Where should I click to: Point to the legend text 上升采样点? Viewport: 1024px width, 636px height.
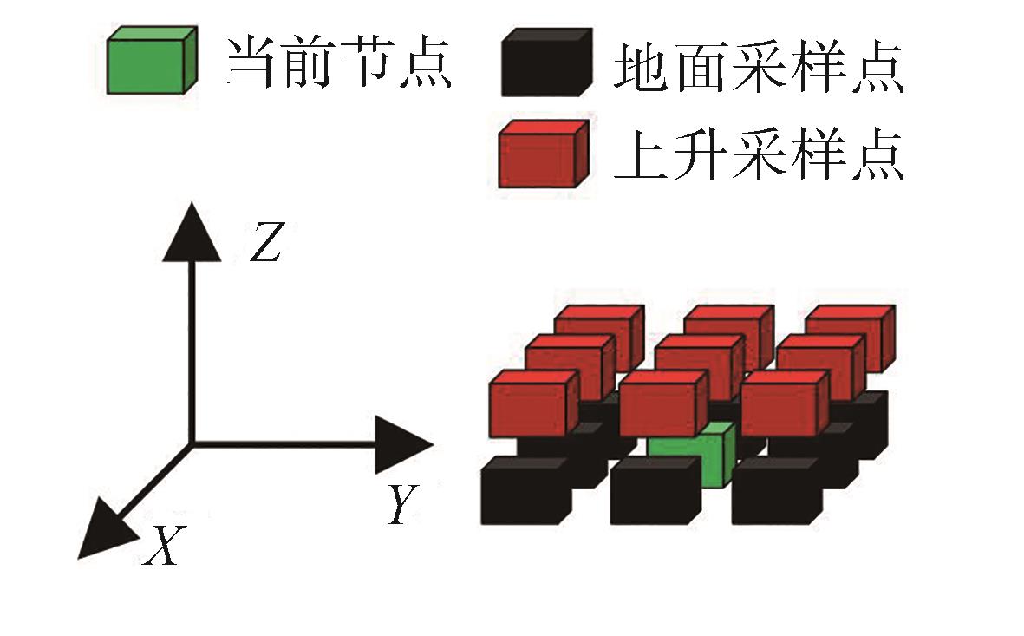pyautogui.click(x=760, y=156)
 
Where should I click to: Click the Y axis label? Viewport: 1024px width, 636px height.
pyautogui.click(x=400, y=504)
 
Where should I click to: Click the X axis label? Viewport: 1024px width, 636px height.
pyautogui.click(x=162, y=546)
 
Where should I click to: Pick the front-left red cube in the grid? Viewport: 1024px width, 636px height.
pyautogui.click(x=530, y=406)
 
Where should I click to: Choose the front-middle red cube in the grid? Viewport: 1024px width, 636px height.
pyautogui.click(x=661, y=406)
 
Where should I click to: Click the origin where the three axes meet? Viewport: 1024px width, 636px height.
pyautogui.click(x=192, y=444)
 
